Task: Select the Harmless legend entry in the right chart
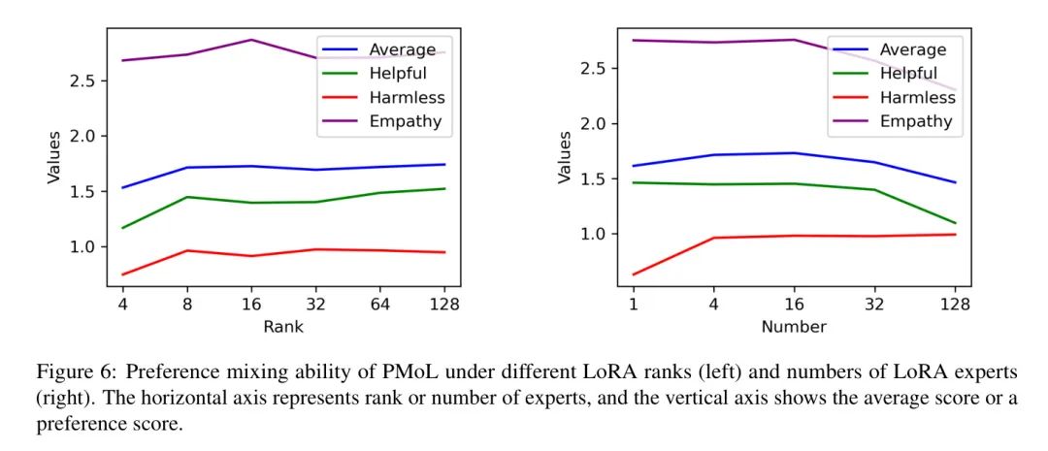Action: click(x=917, y=98)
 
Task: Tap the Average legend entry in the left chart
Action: click(x=403, y=48)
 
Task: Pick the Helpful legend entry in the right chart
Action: click(x=908, y=74)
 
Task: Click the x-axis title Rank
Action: click(x=283, y=327)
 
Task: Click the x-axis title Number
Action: click(x=794, y=327)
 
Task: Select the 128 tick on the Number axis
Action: click(x=955, y=304)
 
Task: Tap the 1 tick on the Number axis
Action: click(x=633, y=304)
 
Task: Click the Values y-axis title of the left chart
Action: click(x=54, y=157)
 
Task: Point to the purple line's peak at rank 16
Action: click(x=252, y=40)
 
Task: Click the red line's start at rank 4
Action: click(x=121, y=274)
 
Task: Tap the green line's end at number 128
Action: click(x=955, y=223)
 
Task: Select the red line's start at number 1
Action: click(x=633, y=274)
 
